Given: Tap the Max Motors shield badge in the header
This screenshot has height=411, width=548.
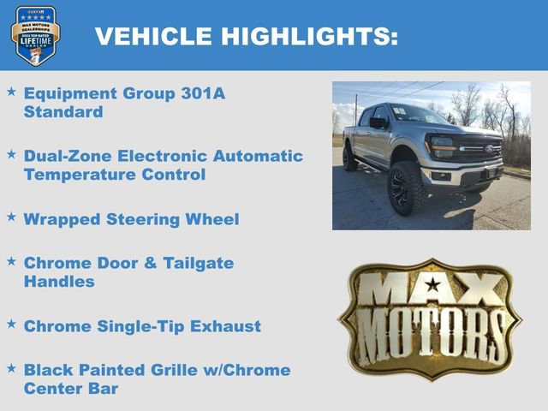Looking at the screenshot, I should pyautogui.click(x=35, y=35).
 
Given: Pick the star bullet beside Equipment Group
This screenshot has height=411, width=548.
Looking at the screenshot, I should pyautogui.click(x=11, y=91).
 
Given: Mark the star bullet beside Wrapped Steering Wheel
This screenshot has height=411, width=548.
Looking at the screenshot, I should pyautogui.click(x=11, y=217).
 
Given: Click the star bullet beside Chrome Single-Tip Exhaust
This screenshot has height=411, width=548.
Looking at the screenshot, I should pyautogui.click(x=11, y=324).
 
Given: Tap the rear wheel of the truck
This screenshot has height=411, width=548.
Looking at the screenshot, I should pyautogui.click(x=349, y=158).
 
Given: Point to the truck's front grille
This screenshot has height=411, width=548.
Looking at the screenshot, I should pyautogui.click(x=479, y=150).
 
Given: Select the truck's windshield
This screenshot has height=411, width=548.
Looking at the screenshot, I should pyautogui.click(x=417, y=114).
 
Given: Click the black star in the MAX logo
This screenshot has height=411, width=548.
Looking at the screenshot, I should pyautogui.click(x=433, y=284).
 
